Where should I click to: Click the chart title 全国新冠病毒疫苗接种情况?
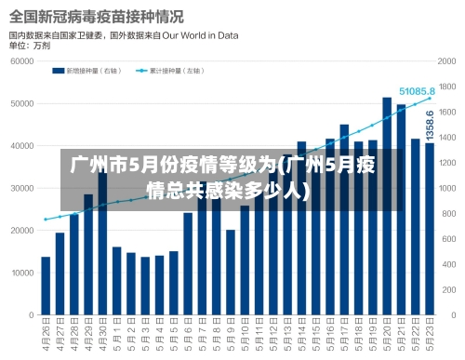[x=97, y=17]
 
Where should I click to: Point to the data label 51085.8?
[x=418, y=91]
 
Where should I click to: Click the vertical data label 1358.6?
[x=430, y=125]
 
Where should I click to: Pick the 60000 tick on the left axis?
[x=22, y=60]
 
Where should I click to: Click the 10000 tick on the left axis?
[x=22, y=273]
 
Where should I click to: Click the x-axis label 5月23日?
[x=431, y=338]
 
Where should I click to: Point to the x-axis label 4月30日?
[x=102, y=338]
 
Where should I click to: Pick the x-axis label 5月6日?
[x=188, y=338]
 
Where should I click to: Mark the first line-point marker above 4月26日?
[x=46, y=220]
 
